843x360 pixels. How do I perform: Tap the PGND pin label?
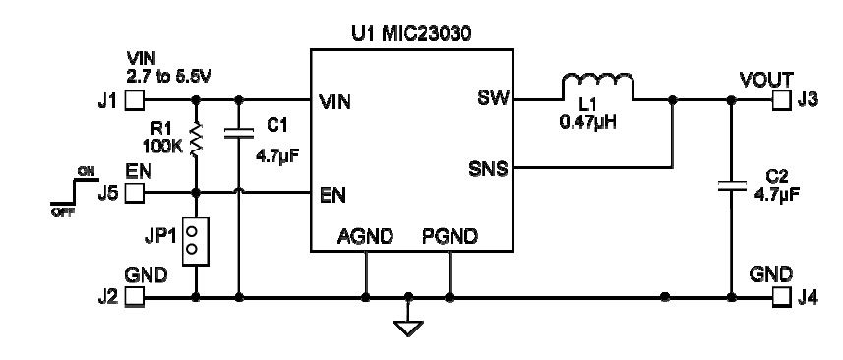(x=451, y=237)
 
